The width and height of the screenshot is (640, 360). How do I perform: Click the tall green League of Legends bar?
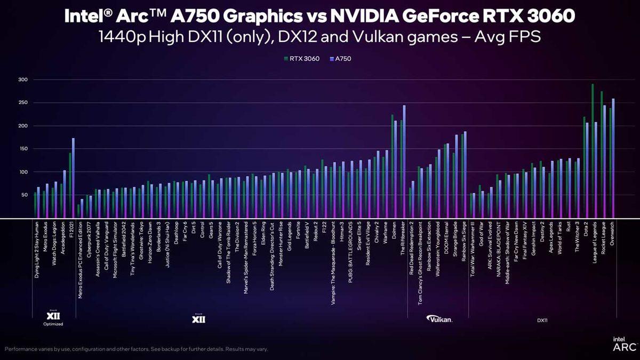coord(593,149)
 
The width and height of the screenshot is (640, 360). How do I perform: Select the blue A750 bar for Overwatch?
coord(613,160)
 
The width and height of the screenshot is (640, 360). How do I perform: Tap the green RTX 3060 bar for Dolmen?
coord(393,165)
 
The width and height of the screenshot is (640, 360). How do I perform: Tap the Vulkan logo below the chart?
coord(439,319)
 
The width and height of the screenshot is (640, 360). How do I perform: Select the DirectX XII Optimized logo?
coord(53,317)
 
